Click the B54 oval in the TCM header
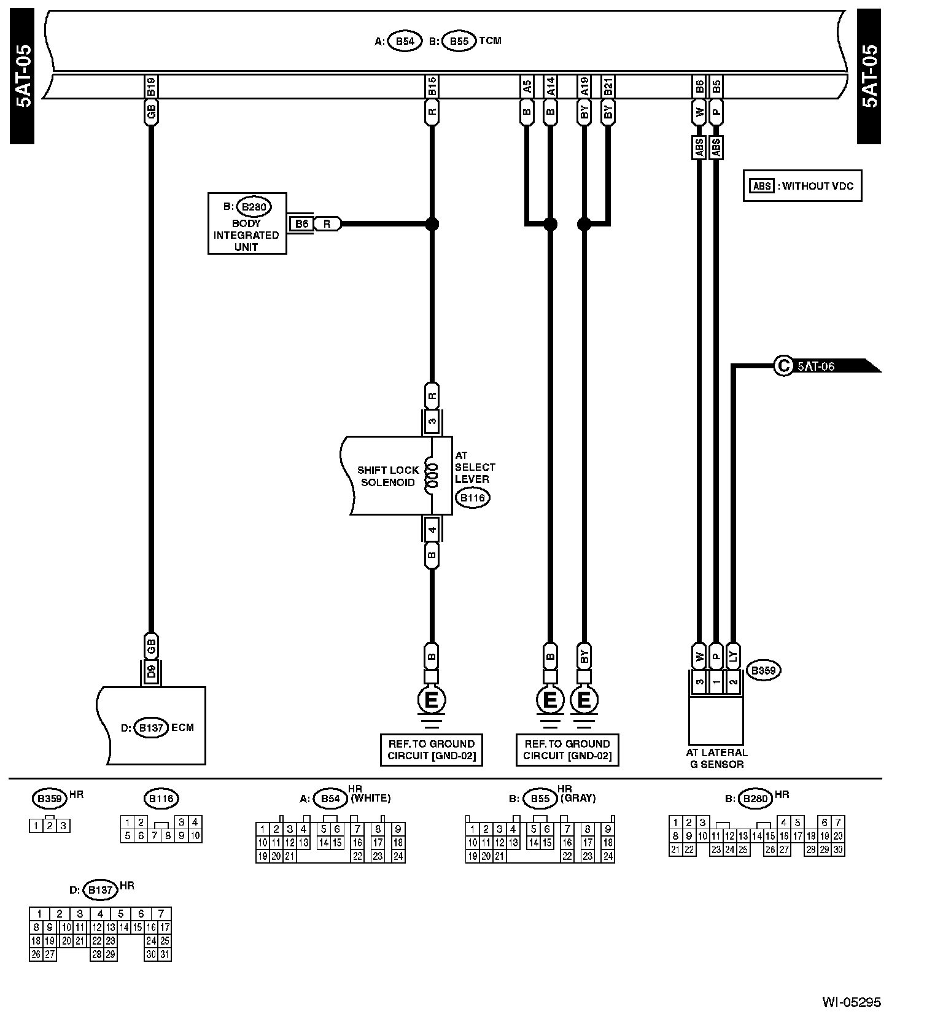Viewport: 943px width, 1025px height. tap(405, 41)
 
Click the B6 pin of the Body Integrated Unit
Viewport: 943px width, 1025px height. tap(301, 224)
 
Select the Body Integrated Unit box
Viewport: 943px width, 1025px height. tap(247, 223)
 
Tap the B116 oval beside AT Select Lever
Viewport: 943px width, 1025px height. tap(472, 498)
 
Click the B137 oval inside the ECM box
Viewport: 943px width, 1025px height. tap(150, 728)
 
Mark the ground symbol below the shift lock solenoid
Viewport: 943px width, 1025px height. tap(432, 700)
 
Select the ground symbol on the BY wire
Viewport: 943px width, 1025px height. tap(584, 700)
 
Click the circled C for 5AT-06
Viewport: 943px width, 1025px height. tap(783, 366)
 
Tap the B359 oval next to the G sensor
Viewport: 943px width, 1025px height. tap(763, 670)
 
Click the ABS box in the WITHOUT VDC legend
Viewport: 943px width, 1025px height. tap(763, 186)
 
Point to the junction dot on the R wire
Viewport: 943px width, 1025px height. tap(432, 224)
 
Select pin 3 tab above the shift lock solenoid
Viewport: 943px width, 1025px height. tap(432, 422)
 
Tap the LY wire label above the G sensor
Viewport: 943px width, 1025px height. tap(732, 656)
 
